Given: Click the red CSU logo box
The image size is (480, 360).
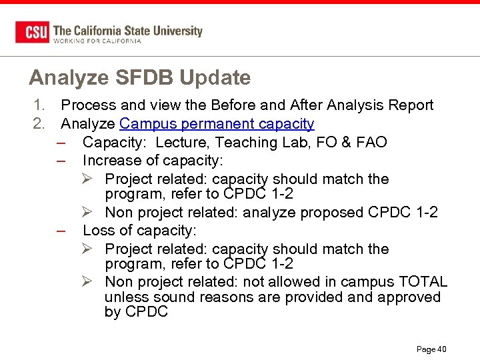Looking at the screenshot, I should tap(32, 32).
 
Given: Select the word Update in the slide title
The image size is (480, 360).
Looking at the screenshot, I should tap(215, 78).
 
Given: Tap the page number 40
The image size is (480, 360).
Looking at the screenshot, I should tap(442, 349).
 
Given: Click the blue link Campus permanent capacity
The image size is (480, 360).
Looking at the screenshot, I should tap(217, 124).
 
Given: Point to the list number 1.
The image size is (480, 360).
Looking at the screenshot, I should tap(39, 105).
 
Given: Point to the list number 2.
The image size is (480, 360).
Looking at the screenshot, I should tap(39, 124).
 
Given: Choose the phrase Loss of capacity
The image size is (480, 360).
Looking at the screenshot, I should tap(139, 231).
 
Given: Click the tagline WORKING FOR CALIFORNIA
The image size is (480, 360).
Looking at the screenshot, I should tap(97, 41).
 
